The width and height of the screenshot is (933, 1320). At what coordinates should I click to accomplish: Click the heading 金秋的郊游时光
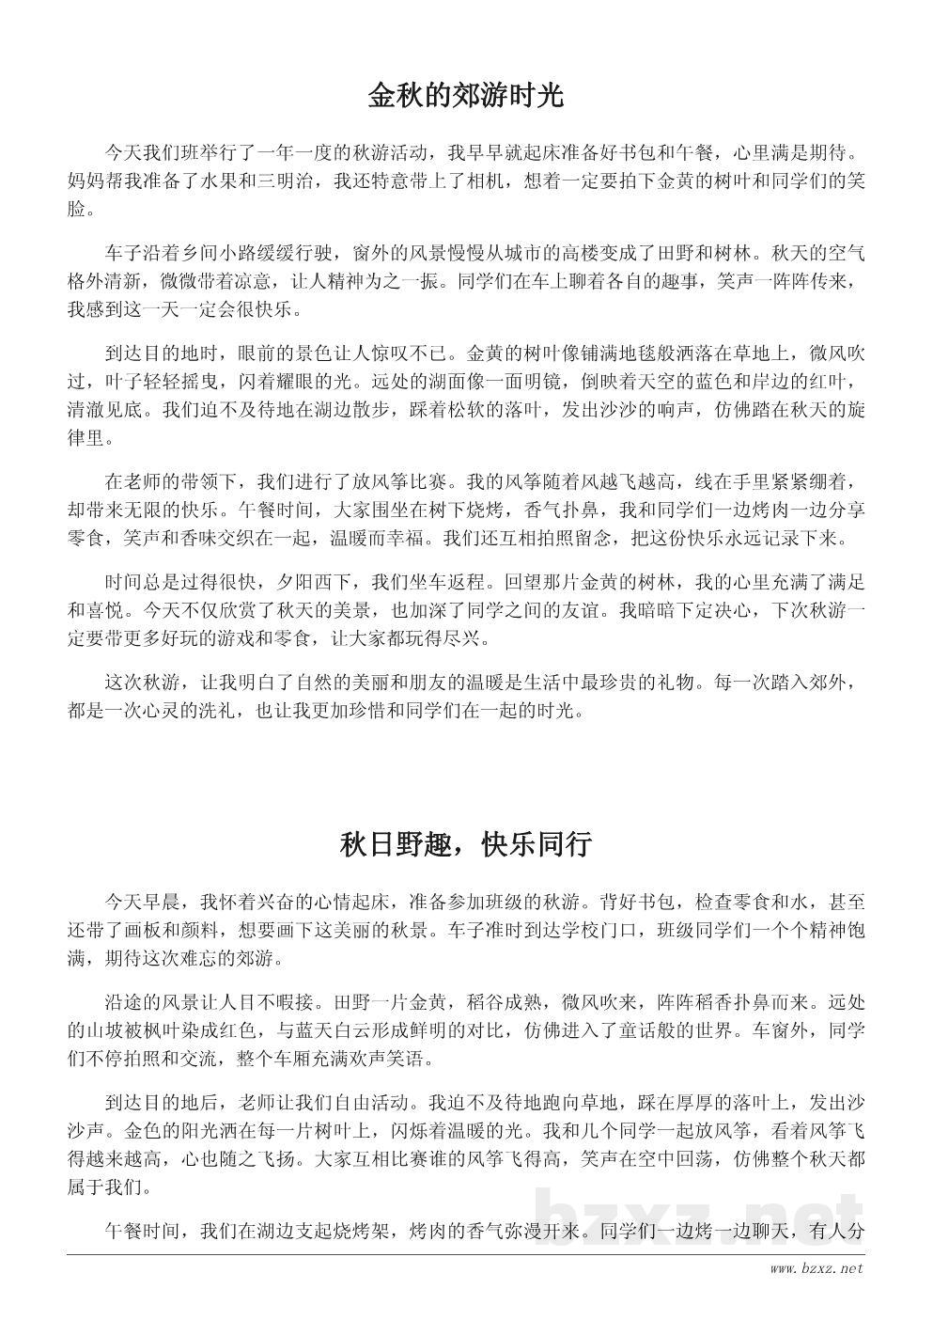coord(466,96)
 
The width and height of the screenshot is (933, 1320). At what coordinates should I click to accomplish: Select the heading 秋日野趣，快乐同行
coord(466,844)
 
